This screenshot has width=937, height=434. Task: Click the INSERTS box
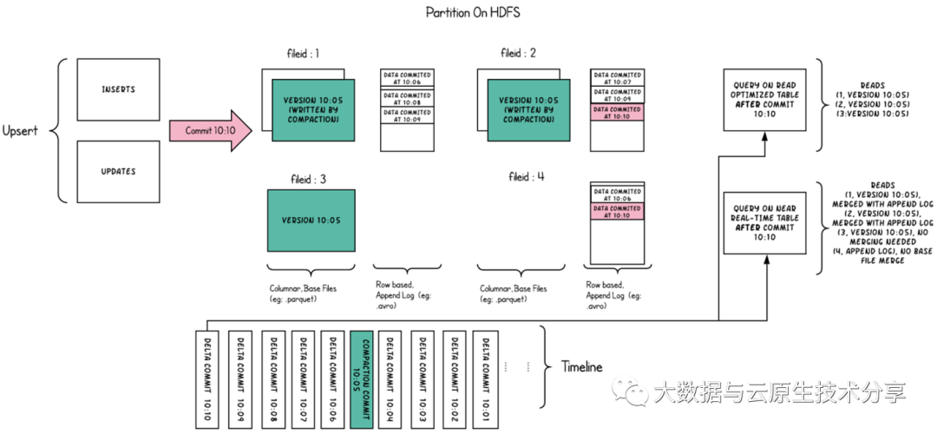coord(118,89)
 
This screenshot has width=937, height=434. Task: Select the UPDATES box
coord(118,172)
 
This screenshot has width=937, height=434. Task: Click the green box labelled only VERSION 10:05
coord(311,220)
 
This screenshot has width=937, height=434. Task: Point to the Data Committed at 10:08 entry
coord(407,97)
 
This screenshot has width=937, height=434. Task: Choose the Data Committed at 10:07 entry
coord(617,78)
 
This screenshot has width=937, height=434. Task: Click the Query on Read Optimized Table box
coord(764,100)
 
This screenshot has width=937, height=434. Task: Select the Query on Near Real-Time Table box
coord(764,223)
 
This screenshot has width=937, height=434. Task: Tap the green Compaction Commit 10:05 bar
coord(361,379)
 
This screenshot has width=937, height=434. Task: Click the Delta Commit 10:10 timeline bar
coord(207,379)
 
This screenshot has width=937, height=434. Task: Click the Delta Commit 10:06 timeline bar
coord(332,379)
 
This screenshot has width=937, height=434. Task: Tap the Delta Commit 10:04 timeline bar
coord(391,379)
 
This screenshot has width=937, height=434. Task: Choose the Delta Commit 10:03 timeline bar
coord(423,379)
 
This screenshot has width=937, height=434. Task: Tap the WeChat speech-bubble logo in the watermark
coord(631,391)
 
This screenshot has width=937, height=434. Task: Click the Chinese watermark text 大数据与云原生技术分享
coord(778,392)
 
